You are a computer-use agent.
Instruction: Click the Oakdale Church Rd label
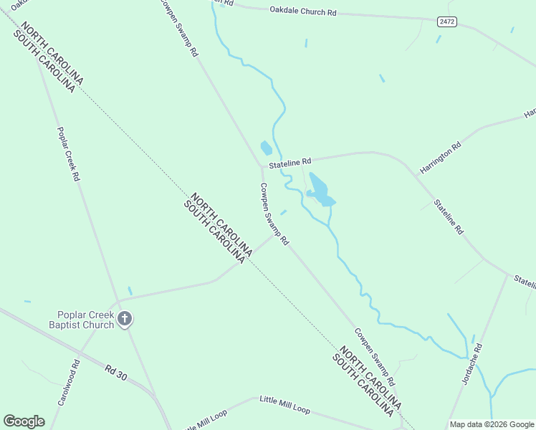pos(302,11)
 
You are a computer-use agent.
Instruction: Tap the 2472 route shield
pos(447,22)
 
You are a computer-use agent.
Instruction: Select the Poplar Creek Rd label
pos(68,154)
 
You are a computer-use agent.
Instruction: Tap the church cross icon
pos(125,319)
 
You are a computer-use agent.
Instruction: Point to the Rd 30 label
pos(115,373)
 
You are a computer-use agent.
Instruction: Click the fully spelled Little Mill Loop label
pos(284,404)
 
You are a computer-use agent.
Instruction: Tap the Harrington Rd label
pos(440,157)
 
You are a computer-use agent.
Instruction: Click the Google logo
pos(24,421)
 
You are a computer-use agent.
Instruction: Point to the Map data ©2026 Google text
pos(492,424)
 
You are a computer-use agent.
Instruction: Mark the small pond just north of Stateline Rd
pos(266,148)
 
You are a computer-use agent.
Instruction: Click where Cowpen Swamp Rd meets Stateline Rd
pos(262,166)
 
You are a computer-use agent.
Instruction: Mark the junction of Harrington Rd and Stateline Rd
pos(417,174)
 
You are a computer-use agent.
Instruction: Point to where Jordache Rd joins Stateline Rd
pos(507,274)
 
